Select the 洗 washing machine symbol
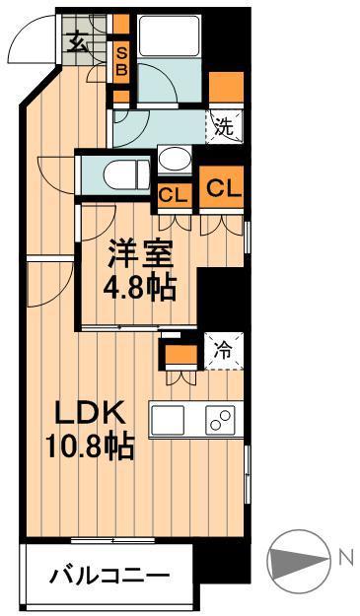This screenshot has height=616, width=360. pyautogui.click(x=226, y=126)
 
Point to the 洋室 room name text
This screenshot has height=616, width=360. pyautogui.click(x=142, y=255)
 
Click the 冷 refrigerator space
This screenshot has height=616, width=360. pyautogui.click(x=225, y=348)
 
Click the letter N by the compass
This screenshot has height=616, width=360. pyautogui.click(x=345, y=558)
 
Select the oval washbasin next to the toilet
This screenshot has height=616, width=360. pyautogui.click(x=177, y=159)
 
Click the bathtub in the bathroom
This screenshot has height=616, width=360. pyautogui.click(x=170, y=38)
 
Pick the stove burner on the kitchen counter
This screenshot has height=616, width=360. pyautogui.click(x=219, y=419)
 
